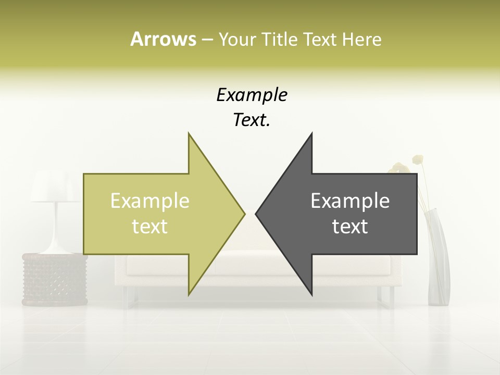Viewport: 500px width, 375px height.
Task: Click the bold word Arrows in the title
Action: coord(163,39)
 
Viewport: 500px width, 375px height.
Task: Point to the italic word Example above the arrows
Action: coord(252,95)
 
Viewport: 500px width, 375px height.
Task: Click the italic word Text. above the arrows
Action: coord(252,120)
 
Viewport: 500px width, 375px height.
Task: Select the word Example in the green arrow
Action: coord(150,201)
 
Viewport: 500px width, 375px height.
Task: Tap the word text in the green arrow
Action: coord(150,227)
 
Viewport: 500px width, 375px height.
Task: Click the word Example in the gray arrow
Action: coord(350,201)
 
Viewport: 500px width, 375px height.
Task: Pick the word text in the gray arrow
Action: coord(350,227)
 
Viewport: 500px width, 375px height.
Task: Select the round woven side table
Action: coord(54,279)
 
